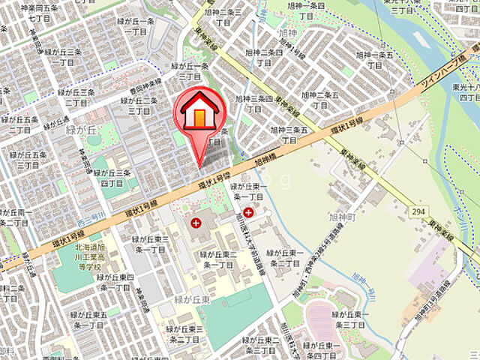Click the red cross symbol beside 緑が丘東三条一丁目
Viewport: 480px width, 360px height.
(196, 223)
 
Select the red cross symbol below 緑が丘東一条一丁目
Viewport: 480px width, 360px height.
(248, 214)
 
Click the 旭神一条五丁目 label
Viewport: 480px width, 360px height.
(375, 60)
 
